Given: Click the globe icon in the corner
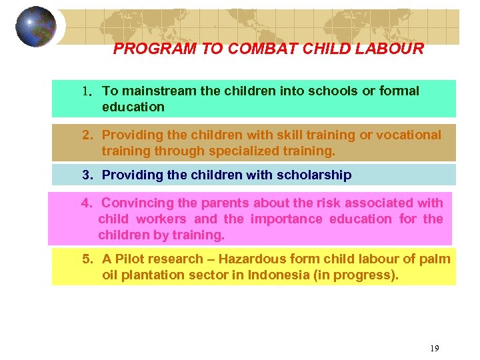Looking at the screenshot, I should coord(36,27).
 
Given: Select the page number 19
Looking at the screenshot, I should coord(434,348).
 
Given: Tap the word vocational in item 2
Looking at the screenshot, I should coord(409,135).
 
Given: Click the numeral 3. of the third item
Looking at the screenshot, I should coord(87,175).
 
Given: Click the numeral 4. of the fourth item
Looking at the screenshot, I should coord(87,203).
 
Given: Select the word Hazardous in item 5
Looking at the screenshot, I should coord(253,259).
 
